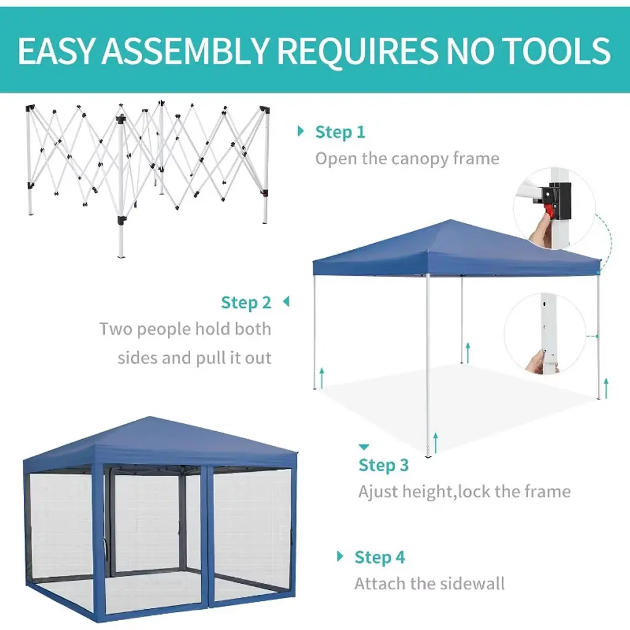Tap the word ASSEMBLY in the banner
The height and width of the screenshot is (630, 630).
pos(185,51)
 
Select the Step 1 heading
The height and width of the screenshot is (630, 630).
pos(340,132)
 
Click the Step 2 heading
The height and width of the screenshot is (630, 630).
pos(246,303)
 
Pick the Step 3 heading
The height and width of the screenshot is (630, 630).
pos(383,465)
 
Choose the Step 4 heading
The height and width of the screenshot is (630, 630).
pos(379,557)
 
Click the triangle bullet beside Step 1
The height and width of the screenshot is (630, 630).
pos(300,131)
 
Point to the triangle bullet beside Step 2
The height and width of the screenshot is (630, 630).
pos(287,301)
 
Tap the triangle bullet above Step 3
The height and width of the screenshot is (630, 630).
pos(364,447)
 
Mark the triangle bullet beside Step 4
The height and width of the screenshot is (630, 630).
pos(340,556)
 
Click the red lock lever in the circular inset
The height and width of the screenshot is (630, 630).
pos(548,210)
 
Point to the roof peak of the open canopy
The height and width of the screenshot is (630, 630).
pos(451,220)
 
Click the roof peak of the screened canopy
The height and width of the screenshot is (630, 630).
pos(150,417)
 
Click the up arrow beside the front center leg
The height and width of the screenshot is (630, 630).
pos(436,443)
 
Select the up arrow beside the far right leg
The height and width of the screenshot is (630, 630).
pos(606,388)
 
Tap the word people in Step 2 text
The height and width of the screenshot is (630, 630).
pos(162,330)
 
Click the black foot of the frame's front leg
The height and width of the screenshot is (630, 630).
pos(121,220)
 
